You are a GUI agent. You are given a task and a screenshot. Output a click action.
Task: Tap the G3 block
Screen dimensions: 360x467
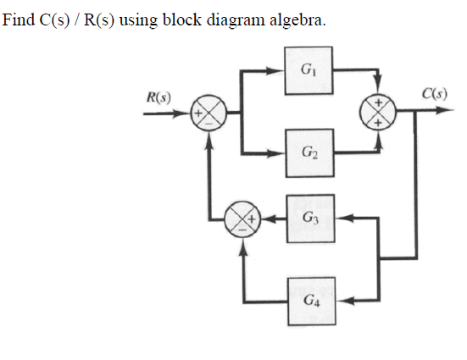pos(308,219)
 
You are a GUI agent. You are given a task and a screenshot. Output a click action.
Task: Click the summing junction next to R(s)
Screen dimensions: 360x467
pos(207,112)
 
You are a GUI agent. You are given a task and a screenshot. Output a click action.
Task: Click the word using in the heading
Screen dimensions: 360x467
pos(135,19)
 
